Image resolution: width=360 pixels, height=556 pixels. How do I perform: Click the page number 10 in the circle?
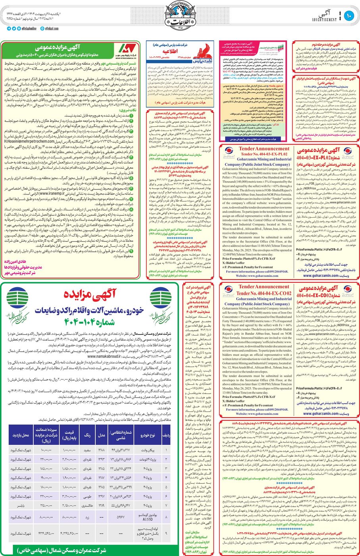click(x=349, y=16)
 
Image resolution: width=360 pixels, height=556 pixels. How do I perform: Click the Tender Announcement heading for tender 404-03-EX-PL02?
click(x=264, y=149)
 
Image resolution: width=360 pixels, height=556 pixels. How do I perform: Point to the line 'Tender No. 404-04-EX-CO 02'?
click(x=264, y=293)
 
